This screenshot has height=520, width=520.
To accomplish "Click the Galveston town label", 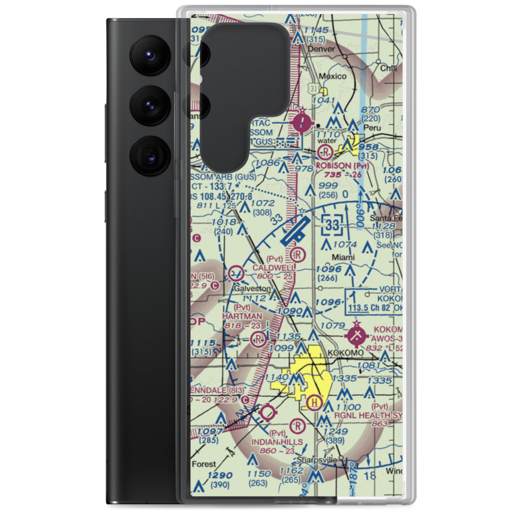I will [x=252, y=288].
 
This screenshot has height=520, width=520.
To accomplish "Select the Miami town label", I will [x=343, y=257].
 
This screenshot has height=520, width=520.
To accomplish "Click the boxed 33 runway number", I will [x=333, y=225].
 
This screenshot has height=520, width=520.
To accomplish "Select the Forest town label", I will [x=203, y=463].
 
